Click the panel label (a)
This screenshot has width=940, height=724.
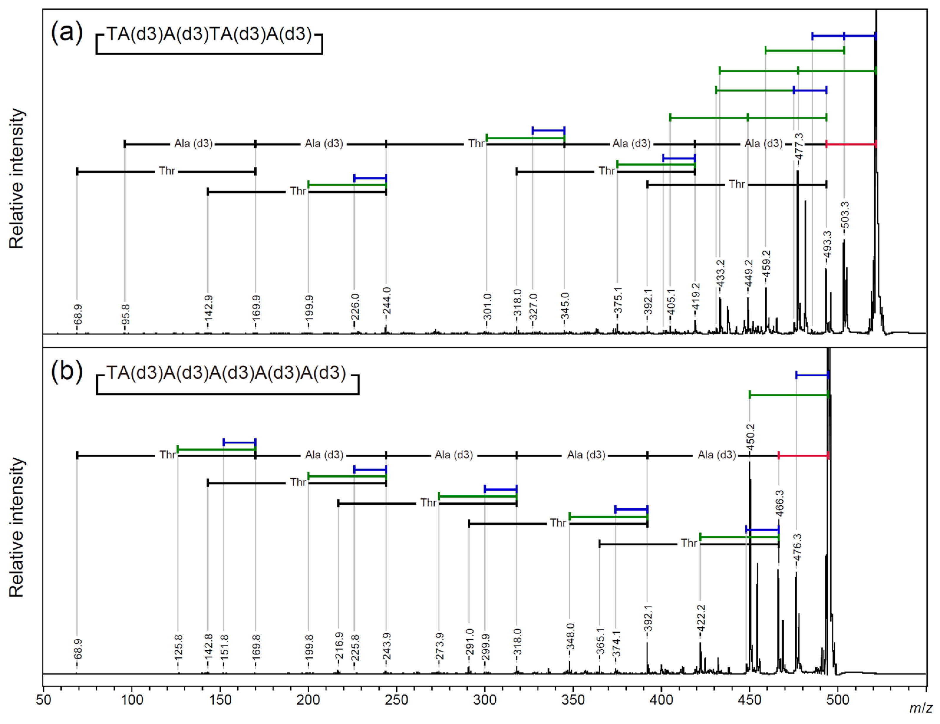(67, 33)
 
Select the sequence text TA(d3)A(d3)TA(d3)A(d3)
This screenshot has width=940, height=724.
(209, 34)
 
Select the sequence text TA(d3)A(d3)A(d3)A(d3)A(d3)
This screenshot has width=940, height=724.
(226, 373)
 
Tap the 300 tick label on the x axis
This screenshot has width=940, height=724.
(485, 700)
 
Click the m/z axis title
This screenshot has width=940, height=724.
(920, 708)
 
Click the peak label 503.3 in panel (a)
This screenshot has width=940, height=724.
(845, 214)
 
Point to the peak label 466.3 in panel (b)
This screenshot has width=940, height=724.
(779, 503)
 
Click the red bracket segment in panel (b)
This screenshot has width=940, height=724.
(804, 455)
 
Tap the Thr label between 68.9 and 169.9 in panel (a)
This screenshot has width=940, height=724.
(167, 171)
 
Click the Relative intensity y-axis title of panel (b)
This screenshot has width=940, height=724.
(17, 527)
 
